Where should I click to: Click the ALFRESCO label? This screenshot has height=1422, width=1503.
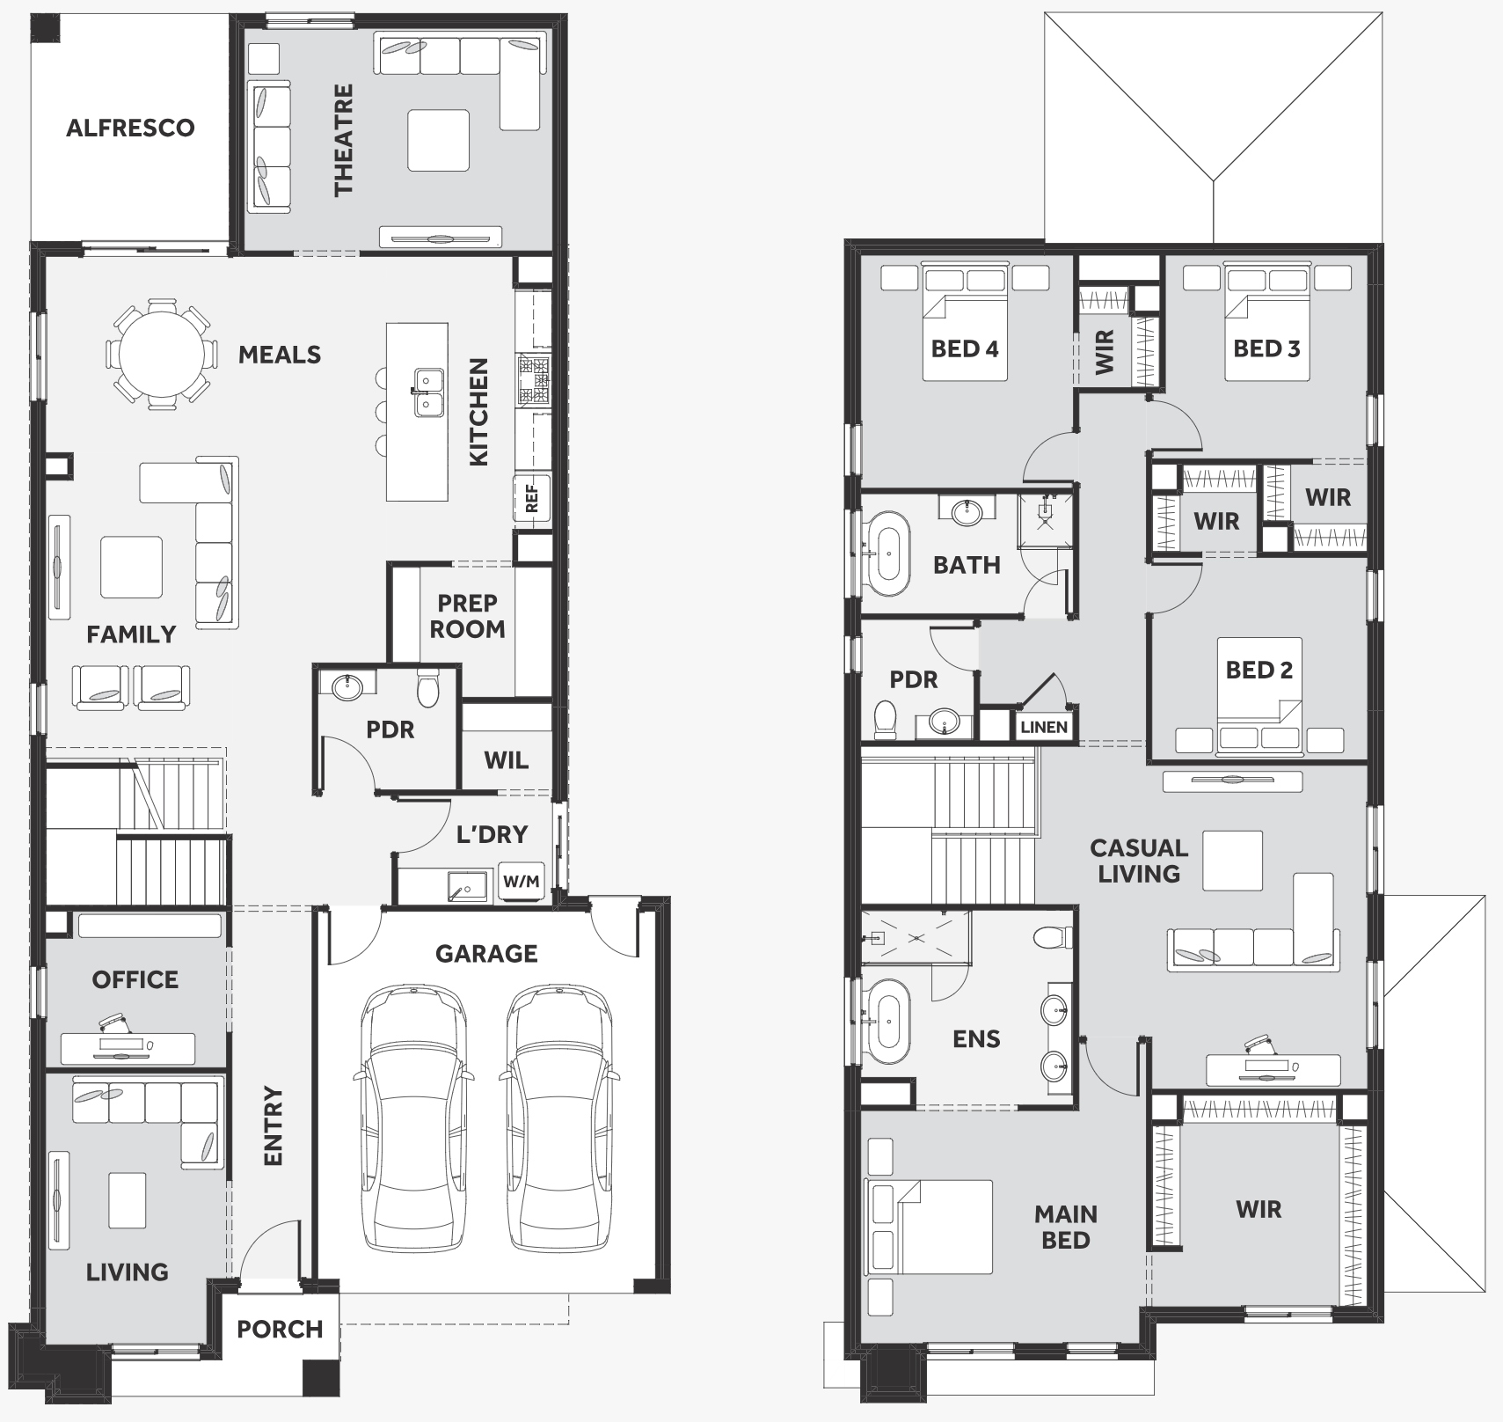point(130,128)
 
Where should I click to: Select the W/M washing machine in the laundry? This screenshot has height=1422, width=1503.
point(521,881)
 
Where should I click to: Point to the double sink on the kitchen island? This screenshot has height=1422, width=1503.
point(428,392)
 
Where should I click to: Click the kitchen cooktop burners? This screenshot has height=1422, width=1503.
point(534,380)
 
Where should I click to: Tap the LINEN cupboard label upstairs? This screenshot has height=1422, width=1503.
point(1044,728)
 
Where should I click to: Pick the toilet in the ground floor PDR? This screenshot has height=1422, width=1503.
point(427,688)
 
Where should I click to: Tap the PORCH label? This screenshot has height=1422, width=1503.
point(280,1329)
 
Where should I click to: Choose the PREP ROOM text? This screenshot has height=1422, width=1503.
point(467,616)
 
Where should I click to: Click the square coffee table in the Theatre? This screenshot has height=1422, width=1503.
point(438,140)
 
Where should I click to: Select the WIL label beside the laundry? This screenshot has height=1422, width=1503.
point(506,759)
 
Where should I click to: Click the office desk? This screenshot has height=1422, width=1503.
point(128,1047)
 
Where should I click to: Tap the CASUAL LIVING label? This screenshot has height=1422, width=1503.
point(1139,861)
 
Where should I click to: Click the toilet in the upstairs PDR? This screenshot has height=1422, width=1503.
point(885,718)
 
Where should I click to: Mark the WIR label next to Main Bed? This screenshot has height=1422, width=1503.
point(1259,1209)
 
